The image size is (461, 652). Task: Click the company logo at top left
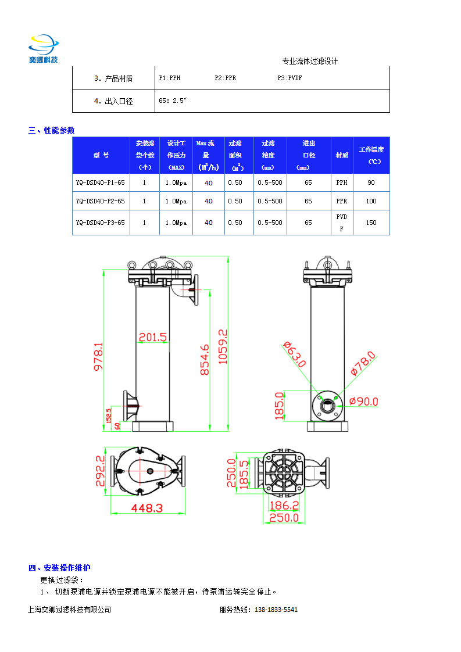pos(44,49)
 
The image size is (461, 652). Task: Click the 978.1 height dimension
pos(98,356)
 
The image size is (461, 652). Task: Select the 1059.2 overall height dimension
pos(223,346)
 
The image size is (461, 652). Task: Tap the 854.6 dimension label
pos(205,360)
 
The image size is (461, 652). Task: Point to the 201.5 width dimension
pos(153,336)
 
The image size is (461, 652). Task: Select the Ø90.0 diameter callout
pos(363,401)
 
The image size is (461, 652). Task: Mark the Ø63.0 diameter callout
pos(295,354)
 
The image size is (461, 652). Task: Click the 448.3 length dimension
pos(146,508)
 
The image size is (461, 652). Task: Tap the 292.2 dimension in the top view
pos(101,471)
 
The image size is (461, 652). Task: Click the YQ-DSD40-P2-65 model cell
pos(101,201)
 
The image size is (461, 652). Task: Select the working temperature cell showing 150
pos(371,223)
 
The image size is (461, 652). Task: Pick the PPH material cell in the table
pos(342,182)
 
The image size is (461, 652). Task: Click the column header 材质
pos(342,155)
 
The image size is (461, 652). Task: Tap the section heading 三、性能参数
pos(52,130)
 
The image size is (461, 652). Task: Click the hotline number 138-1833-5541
pos(276,610)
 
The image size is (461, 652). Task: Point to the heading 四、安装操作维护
pos(59,568)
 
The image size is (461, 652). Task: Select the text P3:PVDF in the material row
pos(290,77)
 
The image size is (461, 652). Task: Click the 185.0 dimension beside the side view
pos(279,406)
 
